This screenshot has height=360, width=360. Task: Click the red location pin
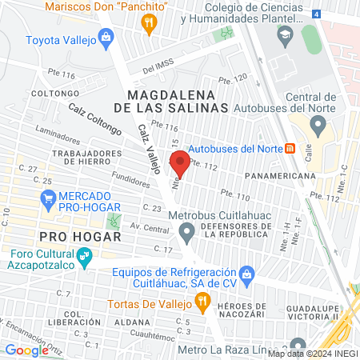click(x=180, y=163)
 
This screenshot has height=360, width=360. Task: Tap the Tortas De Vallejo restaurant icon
click(x=203, y=304)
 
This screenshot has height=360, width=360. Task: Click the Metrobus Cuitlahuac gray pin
click(x=187, y=234)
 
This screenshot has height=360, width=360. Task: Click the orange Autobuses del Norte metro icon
click(x=290, y=148)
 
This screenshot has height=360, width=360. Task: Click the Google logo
click(x=26, y=350)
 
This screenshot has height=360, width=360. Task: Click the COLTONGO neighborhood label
click(x=51, y=93)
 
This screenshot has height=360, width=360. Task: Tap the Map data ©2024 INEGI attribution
click(x=313, y=353)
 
